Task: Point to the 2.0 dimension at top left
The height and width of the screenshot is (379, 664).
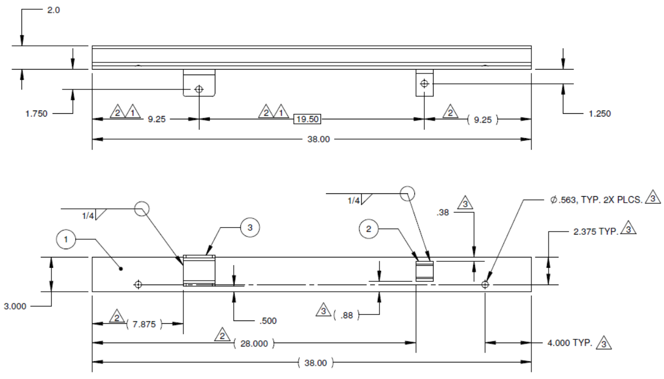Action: coord(53,10)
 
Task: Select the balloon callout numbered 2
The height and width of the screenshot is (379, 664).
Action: coord(368,228)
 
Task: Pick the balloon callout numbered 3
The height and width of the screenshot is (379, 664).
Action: coord(250,227)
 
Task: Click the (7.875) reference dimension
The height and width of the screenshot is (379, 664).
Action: coord(145,324)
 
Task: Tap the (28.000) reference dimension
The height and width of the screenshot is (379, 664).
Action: coord(254,344)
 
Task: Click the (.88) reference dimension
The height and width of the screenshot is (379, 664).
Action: coord(346,315)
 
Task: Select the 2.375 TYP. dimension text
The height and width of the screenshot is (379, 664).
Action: coord(595,233)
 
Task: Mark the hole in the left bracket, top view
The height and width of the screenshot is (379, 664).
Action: coord(199,89)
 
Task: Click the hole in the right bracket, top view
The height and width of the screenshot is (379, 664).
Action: coord(424,83)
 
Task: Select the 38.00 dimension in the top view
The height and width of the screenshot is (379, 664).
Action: coord(318,139)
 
